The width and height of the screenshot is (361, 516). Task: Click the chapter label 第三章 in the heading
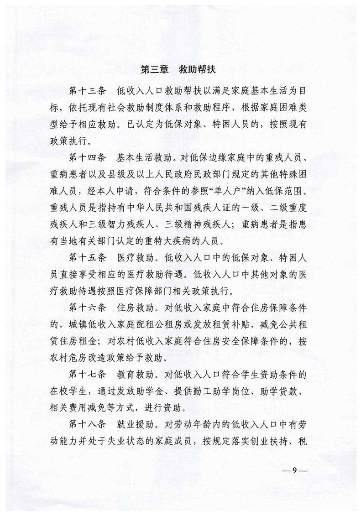click(153, 70)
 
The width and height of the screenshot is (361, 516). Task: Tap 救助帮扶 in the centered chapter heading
click(199, 70)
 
